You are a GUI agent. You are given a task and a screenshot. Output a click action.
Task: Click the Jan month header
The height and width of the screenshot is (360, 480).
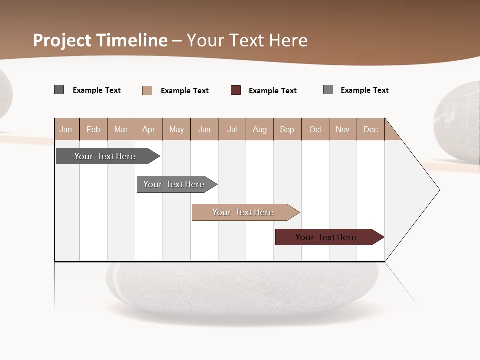pos(66,129)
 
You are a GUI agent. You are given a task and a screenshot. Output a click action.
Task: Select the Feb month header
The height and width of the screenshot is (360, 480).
pos(93,129)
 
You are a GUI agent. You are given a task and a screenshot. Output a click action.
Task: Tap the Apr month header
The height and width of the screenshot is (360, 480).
pos(148,129)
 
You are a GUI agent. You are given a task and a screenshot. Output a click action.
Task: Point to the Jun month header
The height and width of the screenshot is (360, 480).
pos(204,129)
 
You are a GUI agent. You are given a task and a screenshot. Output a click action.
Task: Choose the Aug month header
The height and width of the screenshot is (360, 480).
pos(260,129)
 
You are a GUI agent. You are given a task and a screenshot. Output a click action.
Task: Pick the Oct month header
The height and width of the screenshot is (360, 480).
pos(315,129)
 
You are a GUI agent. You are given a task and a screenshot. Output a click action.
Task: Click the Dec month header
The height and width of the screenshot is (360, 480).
pos(370,129)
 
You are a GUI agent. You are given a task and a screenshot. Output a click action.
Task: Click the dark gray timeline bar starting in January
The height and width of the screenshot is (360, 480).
pos(105,156)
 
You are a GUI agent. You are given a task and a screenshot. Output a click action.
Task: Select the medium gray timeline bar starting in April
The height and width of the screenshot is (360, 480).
pos(174,184)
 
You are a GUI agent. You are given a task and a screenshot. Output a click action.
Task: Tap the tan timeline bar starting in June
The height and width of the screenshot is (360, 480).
pos(243,212)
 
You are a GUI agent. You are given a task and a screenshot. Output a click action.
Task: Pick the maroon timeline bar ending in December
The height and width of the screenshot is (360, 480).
pos(326,237)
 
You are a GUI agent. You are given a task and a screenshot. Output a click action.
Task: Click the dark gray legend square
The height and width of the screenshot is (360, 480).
pos(59,90)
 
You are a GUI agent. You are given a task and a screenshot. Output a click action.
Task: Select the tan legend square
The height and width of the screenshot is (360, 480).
pos(147,90)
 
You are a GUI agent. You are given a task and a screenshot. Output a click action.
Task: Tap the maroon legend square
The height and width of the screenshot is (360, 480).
pos(236,90)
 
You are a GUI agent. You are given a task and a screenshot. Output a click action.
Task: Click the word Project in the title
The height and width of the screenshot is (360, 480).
pos(61,40)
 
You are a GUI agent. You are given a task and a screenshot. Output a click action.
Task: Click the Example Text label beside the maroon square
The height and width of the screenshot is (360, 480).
pos(272,91)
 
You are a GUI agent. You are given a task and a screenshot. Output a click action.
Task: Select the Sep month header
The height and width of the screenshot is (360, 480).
pos(287,129)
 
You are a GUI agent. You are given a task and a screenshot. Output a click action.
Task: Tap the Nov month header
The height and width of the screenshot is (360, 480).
pos(343,129)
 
